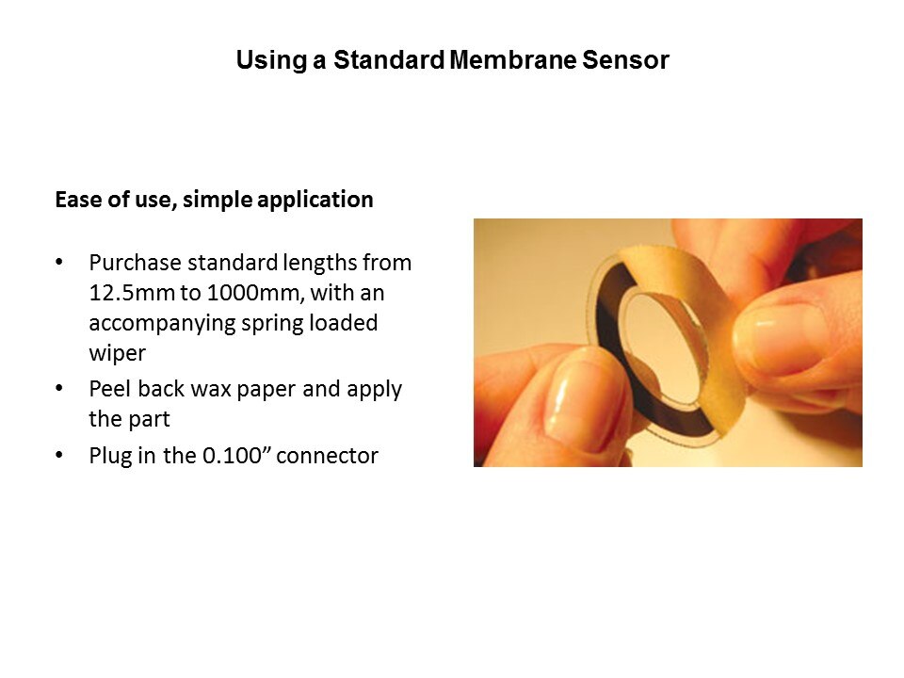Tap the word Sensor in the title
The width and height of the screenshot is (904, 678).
[x=625, y=60]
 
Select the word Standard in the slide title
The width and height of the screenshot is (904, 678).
[x=389, y=60]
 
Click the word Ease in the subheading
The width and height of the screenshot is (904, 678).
[x=79, y=200]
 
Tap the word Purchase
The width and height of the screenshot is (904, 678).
[x=135, y=263]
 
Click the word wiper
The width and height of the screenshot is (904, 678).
[x=118, y=353]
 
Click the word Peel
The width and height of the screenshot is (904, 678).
[x=110, y=389]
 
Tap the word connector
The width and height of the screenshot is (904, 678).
[x=328, y=456]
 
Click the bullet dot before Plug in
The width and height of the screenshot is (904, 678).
[x=59, y=456]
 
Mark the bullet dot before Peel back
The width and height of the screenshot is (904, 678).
[x=59, y=389]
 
